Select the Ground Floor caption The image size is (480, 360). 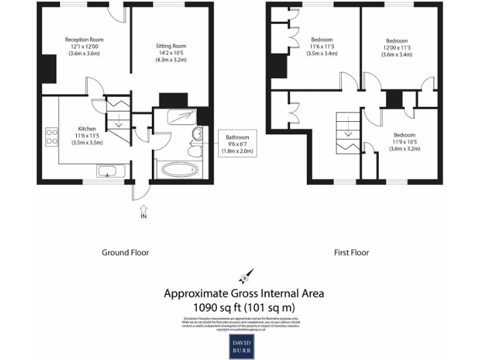125,252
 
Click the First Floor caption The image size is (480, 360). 351,252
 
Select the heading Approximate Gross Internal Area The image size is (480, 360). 244,293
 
